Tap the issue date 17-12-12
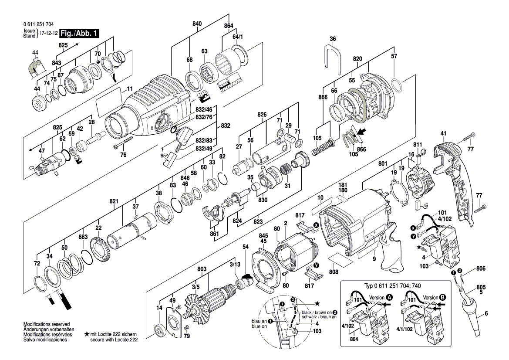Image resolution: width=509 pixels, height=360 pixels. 48,33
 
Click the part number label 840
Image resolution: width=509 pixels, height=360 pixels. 197,23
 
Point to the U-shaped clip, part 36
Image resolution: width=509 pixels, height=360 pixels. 333,57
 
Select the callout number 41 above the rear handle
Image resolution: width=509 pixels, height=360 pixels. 443,133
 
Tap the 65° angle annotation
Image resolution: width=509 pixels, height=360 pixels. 164,156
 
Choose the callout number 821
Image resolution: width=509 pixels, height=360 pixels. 114,201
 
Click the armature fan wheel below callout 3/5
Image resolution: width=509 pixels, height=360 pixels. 196,310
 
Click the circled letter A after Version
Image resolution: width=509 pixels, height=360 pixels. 389,297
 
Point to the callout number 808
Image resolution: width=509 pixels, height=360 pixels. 334,272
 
